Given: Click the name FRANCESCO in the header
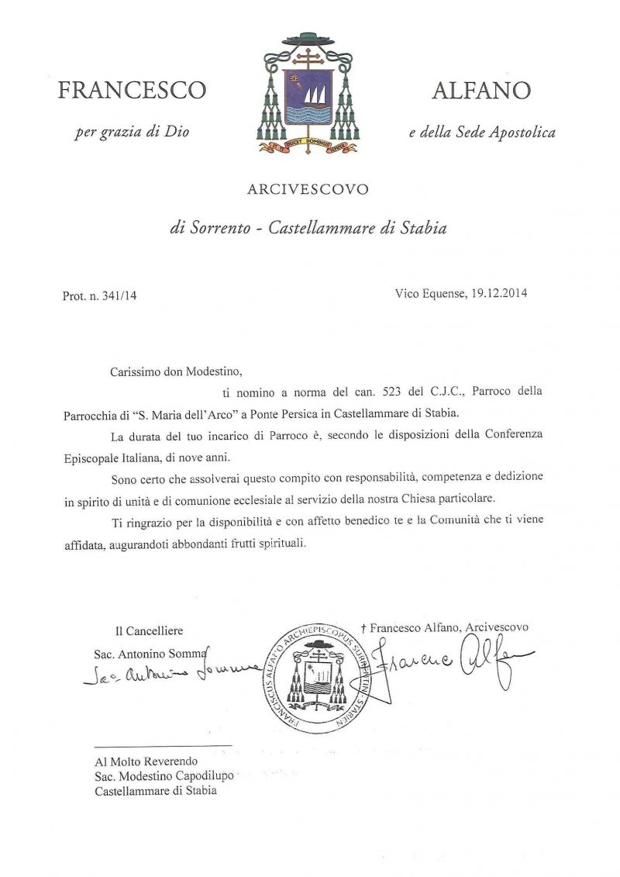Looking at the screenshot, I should [x=132, y=91].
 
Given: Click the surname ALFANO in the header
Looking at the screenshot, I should [x=480, y=91].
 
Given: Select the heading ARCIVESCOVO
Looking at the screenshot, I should [x=308, y=189].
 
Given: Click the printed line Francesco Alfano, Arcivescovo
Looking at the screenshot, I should [x=449, y=627].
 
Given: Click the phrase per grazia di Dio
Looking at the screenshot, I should [x=132, y=132].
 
